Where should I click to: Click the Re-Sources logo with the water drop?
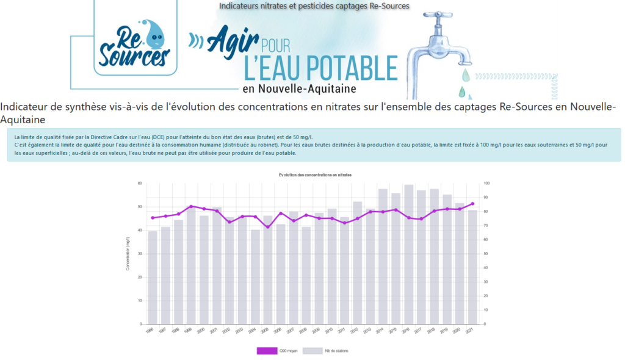pos(134,43)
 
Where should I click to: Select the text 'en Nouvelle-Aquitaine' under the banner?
pos(299,89)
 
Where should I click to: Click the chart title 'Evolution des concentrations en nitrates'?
pos(315,175)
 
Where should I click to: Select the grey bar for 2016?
pos(408,254)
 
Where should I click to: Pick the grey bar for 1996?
pos(153,277)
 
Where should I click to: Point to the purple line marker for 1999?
pos(191,206)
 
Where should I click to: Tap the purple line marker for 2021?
pos(472,204)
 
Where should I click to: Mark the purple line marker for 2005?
pos(267,227)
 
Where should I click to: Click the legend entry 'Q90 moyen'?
pos(278,351)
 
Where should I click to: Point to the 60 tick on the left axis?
pos(140,184)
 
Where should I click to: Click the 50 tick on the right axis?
pos(486,254)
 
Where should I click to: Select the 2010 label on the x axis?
pos(330,331)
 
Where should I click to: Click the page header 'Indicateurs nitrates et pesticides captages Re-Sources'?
pos(314,6)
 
